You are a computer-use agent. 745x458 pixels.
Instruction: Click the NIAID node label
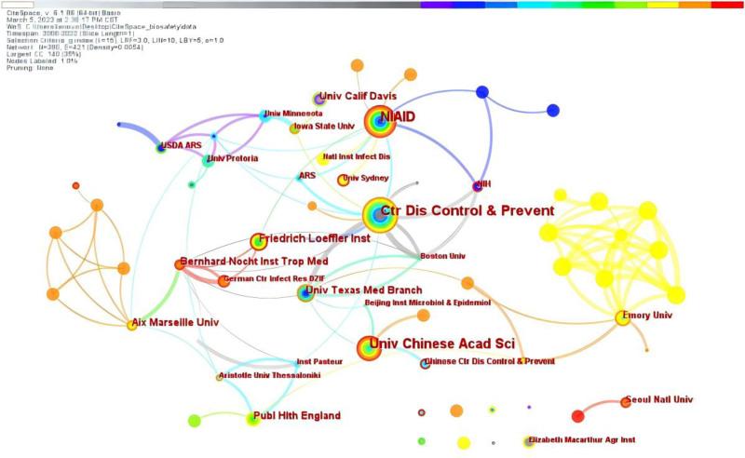[x=398, y=116]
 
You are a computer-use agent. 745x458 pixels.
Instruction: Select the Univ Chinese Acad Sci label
[x=442, y=346]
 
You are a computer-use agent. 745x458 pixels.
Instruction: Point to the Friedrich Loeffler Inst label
[x=315, y=239]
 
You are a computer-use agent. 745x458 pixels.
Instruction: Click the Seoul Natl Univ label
[x=660, y=399]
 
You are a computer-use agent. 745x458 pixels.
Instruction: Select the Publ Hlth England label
[x=298, y=415]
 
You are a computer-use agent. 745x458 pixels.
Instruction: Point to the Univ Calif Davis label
[x=358, y=97]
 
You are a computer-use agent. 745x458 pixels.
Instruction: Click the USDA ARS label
[x=180, y=146]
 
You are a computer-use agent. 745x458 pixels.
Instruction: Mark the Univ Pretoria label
[x=233, y=158]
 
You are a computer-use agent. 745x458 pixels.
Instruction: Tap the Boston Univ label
[x=442, y=255]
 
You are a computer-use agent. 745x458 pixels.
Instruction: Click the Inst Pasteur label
[x=316, y=362]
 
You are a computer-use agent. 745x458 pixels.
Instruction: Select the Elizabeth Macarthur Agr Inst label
[x=582, y=438]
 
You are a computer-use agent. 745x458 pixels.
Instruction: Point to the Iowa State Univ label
[x=325, y=126]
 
